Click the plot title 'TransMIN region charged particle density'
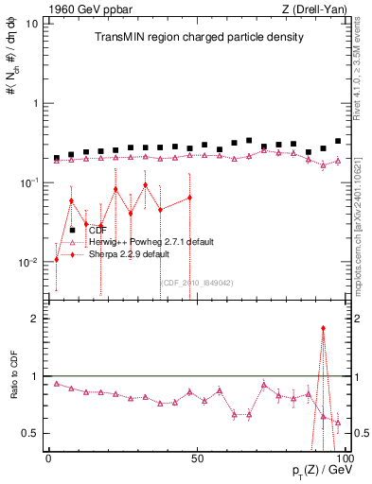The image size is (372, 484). (x=198, y=38)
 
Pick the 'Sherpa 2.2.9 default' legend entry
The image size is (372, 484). (x=129, y=254)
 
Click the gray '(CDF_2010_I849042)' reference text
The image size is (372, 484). (x=196, y=283)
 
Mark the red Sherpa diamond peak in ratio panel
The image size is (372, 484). (x=323, y=328)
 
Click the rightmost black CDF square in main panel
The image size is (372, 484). (x=338, y=141)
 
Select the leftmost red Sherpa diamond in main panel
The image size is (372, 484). (x=57, y=259)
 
